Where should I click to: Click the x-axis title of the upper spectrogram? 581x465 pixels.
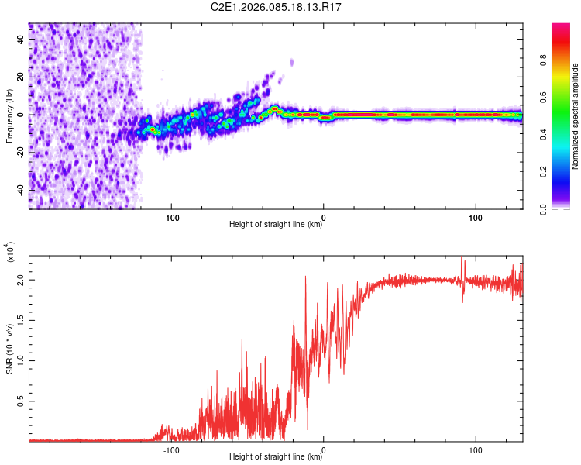click(x=276, y=225)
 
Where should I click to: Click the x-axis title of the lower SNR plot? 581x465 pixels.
click(x=276, y=457)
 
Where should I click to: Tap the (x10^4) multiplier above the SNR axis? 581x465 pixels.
click(x=11, y=253)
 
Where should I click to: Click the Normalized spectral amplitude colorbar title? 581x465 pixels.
click(x=575, y=116)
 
